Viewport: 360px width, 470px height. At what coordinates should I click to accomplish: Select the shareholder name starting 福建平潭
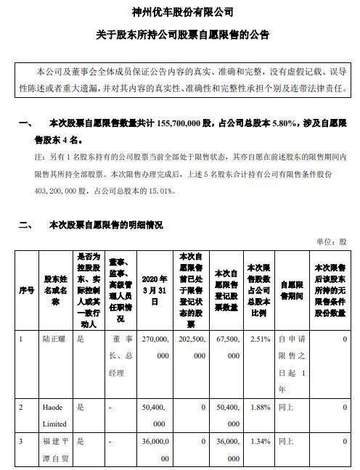coord(56,450)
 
